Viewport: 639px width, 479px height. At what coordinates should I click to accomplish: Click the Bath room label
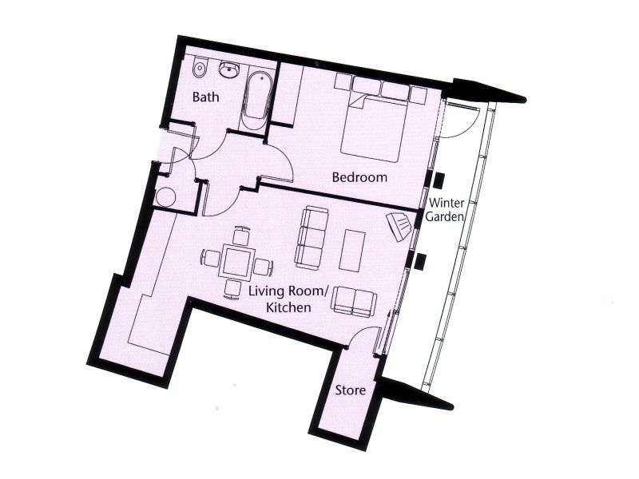pos(206,98)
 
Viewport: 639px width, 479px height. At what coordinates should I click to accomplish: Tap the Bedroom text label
pos(361,177)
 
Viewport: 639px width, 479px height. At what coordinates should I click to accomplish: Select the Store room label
pos(351,391)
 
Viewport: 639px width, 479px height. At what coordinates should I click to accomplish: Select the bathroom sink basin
pos(231,71)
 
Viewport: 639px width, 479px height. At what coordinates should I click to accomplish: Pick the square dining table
pos(236,261)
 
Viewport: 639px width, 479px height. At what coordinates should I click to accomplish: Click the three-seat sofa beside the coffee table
pos(312,236)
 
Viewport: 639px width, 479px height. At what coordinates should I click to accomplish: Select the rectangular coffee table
pos(352,250)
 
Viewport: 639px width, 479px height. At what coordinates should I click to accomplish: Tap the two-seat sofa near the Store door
pos(355,300)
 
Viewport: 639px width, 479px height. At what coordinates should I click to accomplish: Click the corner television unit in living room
pos(399,227)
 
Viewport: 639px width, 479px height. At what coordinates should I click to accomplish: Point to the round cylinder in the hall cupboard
pos(168,195)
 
